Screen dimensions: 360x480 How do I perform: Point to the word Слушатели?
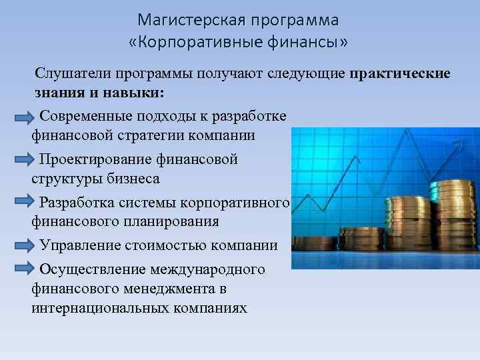(73, 73)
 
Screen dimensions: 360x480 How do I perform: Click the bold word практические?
(400, 73)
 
